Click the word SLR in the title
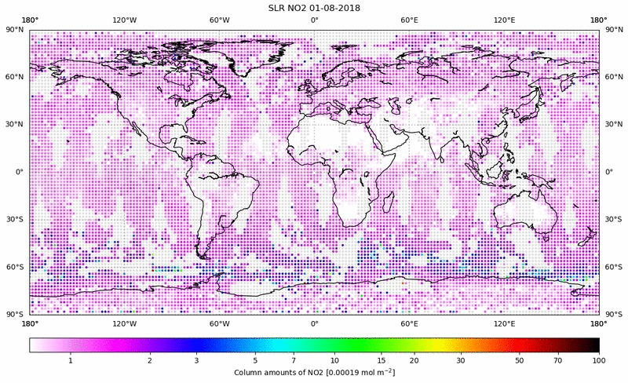[268, 8]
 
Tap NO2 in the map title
[290, 8]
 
